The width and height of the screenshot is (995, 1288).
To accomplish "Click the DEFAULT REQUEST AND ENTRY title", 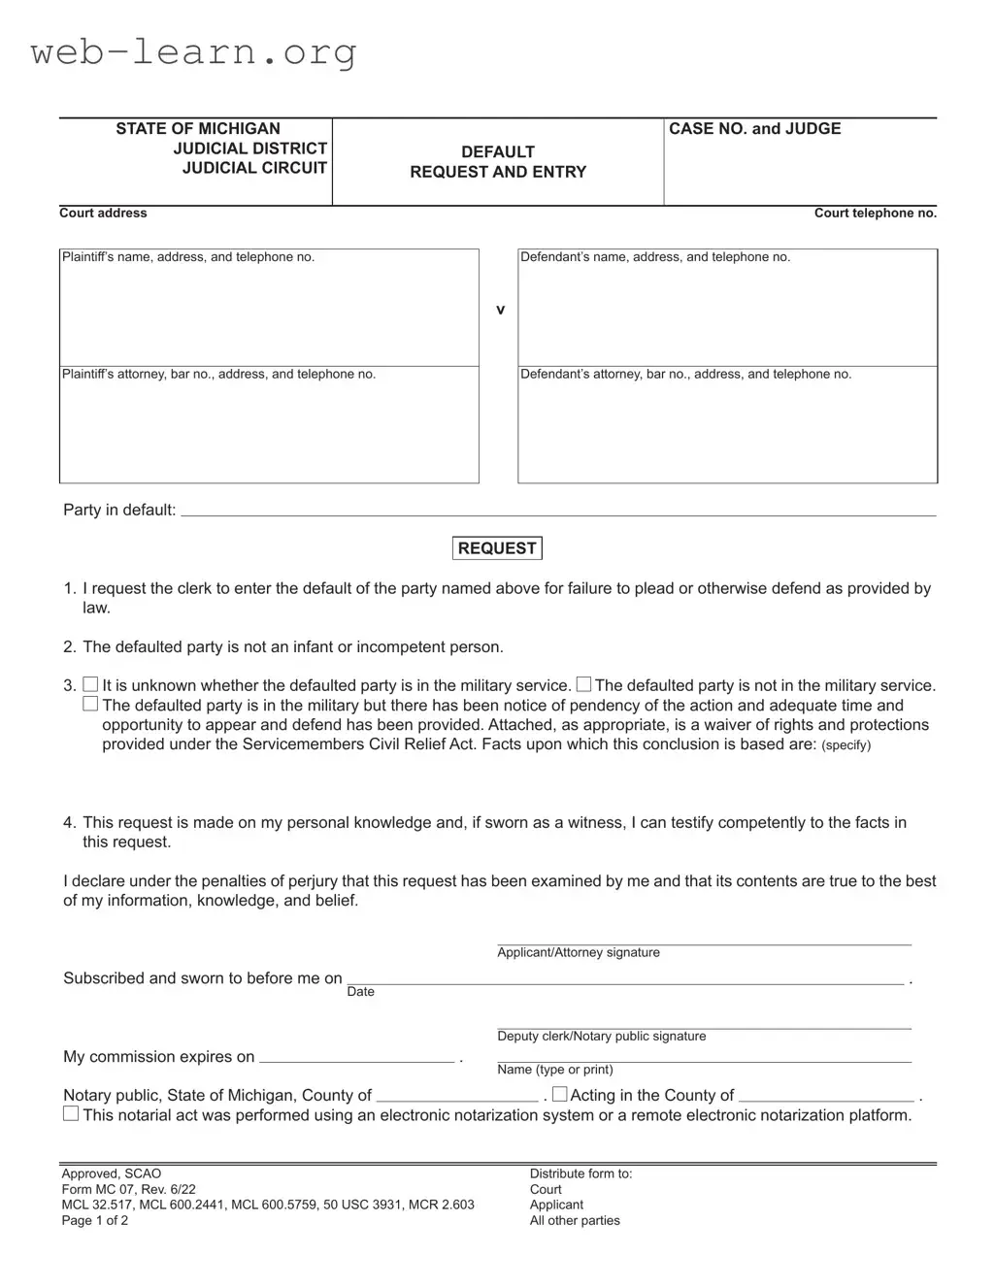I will click(x=498, y=162).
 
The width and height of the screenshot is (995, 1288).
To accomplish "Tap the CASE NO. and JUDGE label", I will click(x=754, y=129).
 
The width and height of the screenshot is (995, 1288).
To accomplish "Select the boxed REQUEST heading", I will click(x=497, y=548).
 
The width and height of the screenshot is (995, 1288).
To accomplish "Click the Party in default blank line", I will click(x=558, y=510).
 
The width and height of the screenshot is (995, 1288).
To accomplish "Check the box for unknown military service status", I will click(x=90, y=685).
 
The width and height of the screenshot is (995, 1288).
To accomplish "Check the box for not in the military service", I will click(x=583, y=685).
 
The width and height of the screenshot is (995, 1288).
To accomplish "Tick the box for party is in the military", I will click(x=90, y=705).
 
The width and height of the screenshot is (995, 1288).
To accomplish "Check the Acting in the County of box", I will click(x=559, y=1095).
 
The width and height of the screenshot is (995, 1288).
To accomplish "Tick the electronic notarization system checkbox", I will click(x=71, y=1114).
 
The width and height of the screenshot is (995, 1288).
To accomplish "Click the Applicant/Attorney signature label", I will click(x=578, y=953).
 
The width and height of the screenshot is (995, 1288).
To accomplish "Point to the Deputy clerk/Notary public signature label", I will click(x=601, y=1037).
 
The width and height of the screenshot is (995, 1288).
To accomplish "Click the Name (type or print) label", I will click(x=554, y=1070).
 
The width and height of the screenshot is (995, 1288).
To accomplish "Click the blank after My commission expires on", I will click(x=356, y=1057).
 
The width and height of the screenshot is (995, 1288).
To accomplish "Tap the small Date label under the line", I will click(x=360, y=992).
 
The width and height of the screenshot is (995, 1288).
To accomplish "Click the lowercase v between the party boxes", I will click(x=500, y=310).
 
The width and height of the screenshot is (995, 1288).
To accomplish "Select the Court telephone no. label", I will click(x=875, y=214).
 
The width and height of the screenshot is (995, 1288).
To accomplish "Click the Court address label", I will click(x=103, y=214).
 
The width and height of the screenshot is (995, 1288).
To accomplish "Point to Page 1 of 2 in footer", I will click(x=94, y=1221).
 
